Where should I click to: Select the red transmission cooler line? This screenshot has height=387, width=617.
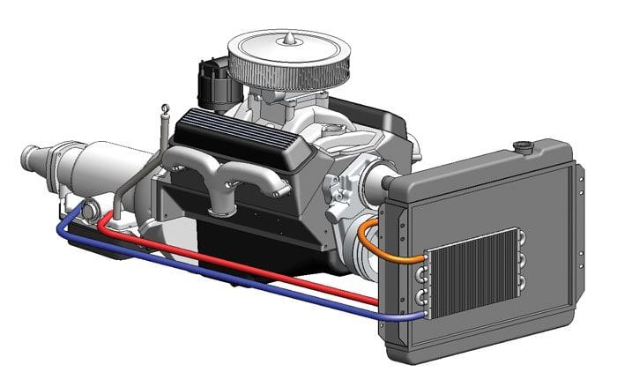[264, 269]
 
